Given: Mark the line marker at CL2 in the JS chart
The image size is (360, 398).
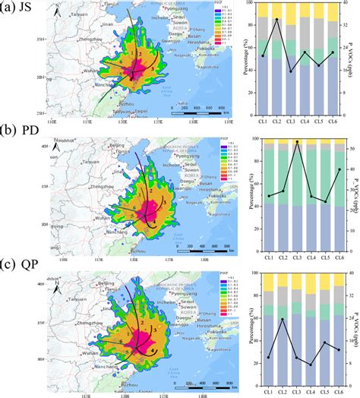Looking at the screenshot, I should (276, 20).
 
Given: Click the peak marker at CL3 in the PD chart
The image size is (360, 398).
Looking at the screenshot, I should (297, 142).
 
